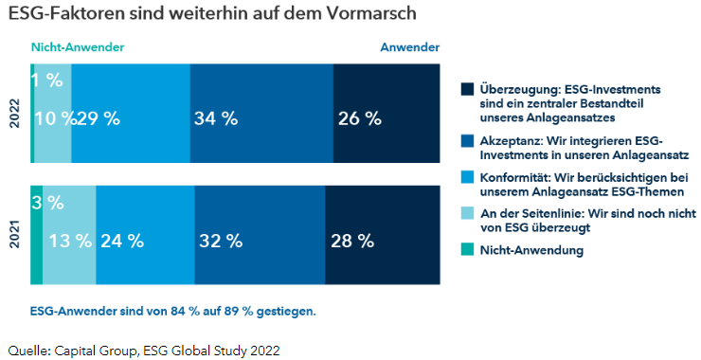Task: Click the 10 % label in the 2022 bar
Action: tap(54, 118)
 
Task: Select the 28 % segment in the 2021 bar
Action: tap(383, 241)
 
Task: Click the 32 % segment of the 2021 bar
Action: tap(260, 241)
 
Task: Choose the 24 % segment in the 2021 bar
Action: tap(145, 241)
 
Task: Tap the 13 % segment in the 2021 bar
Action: tap(69, 241)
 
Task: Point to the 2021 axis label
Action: tap(14, 235)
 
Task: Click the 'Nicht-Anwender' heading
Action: tap(78, 46)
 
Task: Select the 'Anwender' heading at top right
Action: tap(409, 46)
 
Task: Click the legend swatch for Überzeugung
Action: tap(466, 89)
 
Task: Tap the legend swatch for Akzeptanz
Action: tap(466, 140)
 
